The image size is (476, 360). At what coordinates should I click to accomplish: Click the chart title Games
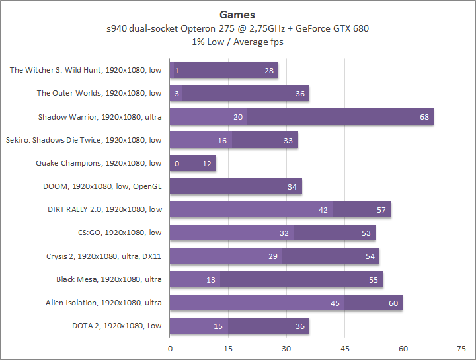[x=237, y=15]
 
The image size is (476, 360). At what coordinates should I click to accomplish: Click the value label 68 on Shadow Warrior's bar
[x=424, y=117]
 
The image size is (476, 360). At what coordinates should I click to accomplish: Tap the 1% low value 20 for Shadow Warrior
[x=238, y=117]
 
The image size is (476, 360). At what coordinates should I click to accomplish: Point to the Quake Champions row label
[x=99, y=163]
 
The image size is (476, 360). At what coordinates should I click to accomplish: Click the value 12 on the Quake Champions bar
[x=207, y=164]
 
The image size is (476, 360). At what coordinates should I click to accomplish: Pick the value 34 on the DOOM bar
[x=292, y=187]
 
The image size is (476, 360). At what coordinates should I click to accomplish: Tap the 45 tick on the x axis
[x=344, y=348]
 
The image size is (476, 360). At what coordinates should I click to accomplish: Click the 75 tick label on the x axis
[x=461, y=348]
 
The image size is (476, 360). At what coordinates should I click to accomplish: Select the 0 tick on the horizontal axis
[x=170, y=348]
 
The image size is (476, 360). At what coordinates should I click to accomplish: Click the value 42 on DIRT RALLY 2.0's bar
[x=323, y=210]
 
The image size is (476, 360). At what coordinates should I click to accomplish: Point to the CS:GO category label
[x=120, y=233]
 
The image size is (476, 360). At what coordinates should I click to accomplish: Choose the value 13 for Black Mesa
[x=211, y=280]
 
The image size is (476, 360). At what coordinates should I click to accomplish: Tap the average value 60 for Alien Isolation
[x=393, y=303]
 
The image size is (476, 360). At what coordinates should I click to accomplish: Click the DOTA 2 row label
[x=116, y=326]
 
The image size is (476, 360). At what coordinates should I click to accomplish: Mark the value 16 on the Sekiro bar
[x=222, y=140]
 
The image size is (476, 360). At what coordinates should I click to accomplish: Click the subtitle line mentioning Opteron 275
[x=237, y=28]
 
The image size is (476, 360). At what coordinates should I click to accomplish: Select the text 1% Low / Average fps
[x=237, y=42]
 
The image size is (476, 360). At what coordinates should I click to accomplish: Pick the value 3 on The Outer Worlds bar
[x=177, y=94]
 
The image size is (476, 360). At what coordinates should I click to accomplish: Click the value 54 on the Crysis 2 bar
[x=370, y=256]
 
